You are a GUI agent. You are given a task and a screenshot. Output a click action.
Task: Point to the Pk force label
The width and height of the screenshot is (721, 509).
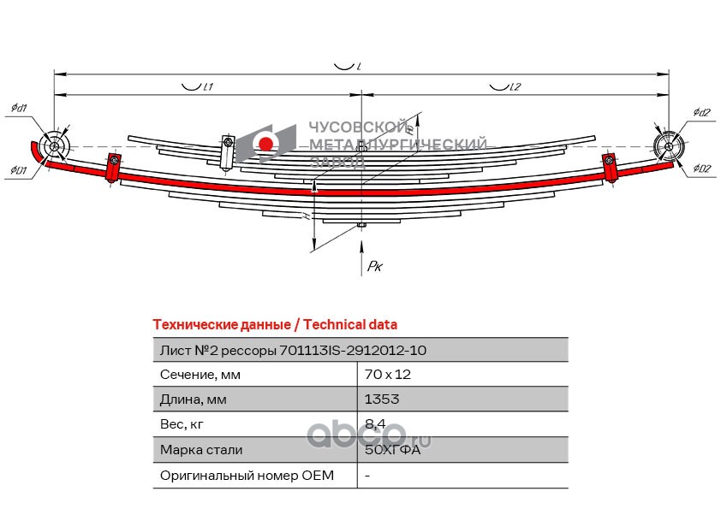tap(374, 268)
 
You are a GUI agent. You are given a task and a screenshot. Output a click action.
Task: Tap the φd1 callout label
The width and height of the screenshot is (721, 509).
tap(19, 108)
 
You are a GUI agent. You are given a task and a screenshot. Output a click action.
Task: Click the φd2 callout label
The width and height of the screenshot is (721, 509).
tap(702, 112)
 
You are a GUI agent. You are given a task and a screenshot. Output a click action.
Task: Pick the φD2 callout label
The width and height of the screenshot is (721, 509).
tap(703, 169)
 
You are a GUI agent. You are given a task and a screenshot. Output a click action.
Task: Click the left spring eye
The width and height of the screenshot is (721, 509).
tap(56, 147)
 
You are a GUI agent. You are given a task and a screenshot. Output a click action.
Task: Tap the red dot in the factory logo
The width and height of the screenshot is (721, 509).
tap(267, 143)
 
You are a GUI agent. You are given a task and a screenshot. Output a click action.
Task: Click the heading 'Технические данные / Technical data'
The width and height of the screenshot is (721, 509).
tap(274, 324)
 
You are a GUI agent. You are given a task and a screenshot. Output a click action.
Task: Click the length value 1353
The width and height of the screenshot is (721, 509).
tap(382, 400)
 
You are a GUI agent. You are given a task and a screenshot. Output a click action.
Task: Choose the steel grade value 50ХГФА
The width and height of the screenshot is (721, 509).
tap(393, 450)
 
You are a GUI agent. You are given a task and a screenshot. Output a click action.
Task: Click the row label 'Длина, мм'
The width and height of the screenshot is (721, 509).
tap(194, 400)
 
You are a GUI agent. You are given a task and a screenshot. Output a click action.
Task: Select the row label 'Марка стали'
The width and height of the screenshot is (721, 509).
tap(201, 450)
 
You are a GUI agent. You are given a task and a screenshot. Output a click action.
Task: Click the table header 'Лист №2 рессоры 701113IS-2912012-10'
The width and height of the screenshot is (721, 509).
tap(293, 350)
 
